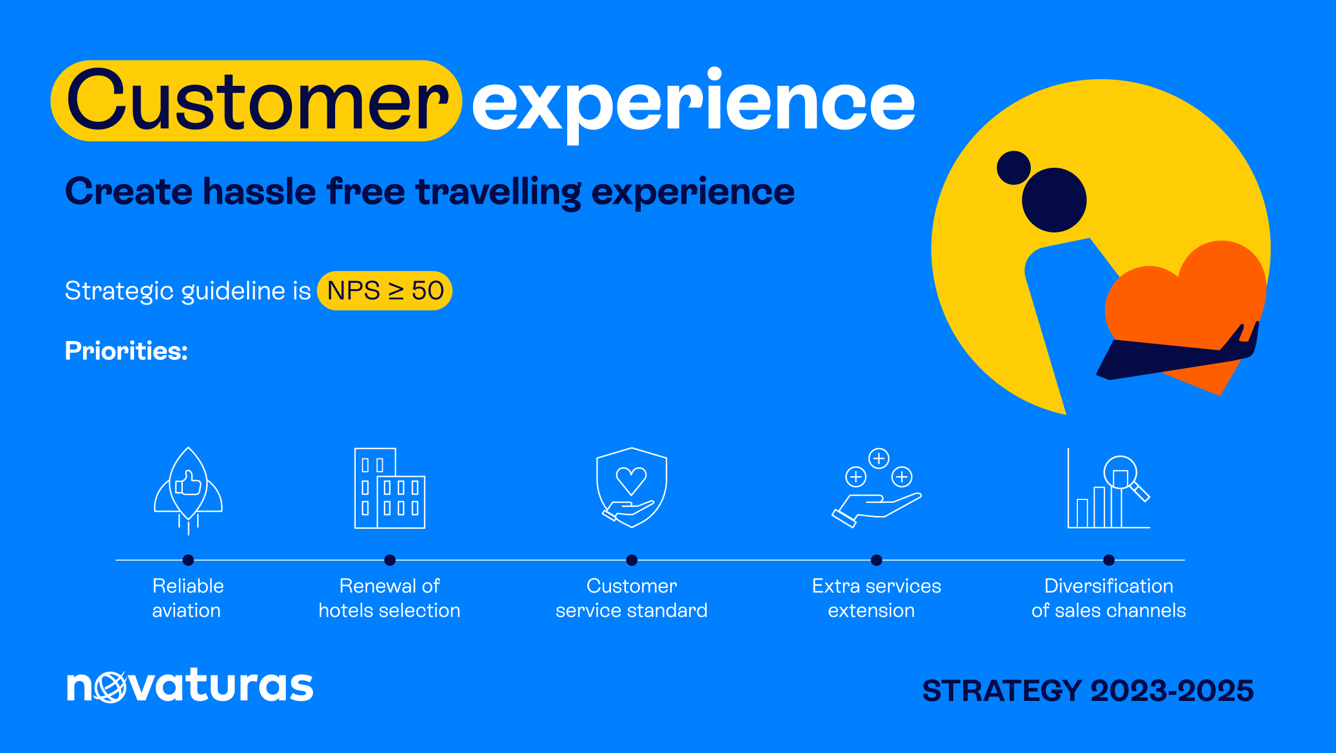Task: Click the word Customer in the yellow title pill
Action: coord(258,100)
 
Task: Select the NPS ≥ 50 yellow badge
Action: coord(384,291)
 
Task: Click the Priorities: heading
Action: coord(126,350)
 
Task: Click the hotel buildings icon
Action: coord(390,488)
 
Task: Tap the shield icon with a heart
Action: coord(631,487)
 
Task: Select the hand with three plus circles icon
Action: coord(876,488)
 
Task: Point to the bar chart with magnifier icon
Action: coord(1109,488)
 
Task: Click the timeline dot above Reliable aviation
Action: coord(188,560)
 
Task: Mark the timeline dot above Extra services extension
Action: coord(876,560)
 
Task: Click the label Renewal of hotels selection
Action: coord(389,598)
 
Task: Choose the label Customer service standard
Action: coord(631,598)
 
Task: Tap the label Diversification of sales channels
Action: coord(1109,598)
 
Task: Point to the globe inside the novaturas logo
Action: coord(111,687)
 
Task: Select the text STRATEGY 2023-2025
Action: coord(1088,690)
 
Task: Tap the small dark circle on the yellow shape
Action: coord(1014,167)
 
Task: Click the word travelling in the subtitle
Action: coord(499,192)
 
